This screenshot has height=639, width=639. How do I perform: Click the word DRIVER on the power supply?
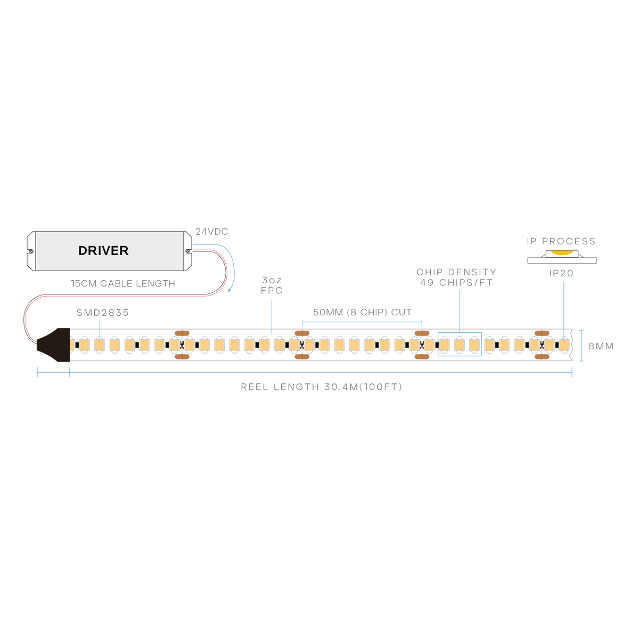(103, 251)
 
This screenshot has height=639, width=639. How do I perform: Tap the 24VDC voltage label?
(212, 232)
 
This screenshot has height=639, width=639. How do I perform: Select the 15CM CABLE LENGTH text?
(123, 283)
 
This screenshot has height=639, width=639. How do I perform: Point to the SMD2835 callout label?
(102, 313)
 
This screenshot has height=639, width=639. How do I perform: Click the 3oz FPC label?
(272, 285)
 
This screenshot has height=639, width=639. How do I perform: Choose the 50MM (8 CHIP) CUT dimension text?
(363, 312)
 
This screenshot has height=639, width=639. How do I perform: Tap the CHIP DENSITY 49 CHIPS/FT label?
(456, 277)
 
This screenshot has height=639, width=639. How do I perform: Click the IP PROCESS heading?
(561, 241)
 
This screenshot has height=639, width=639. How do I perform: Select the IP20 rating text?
(561, 273)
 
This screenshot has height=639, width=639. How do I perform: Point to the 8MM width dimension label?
(601, 346)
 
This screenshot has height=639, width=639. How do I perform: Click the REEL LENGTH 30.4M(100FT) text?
(321, 387)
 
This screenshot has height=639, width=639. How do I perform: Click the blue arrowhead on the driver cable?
(229, 291)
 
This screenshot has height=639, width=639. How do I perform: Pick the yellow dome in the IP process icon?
(562, 253)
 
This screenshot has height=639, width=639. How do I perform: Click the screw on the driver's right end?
(187, 251)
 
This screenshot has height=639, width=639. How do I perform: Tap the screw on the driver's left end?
(31, 251)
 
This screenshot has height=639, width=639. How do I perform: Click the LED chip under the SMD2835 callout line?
(100, 345)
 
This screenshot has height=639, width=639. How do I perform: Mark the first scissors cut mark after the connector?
(182, 345)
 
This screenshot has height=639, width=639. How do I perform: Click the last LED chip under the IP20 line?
(564, 345)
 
